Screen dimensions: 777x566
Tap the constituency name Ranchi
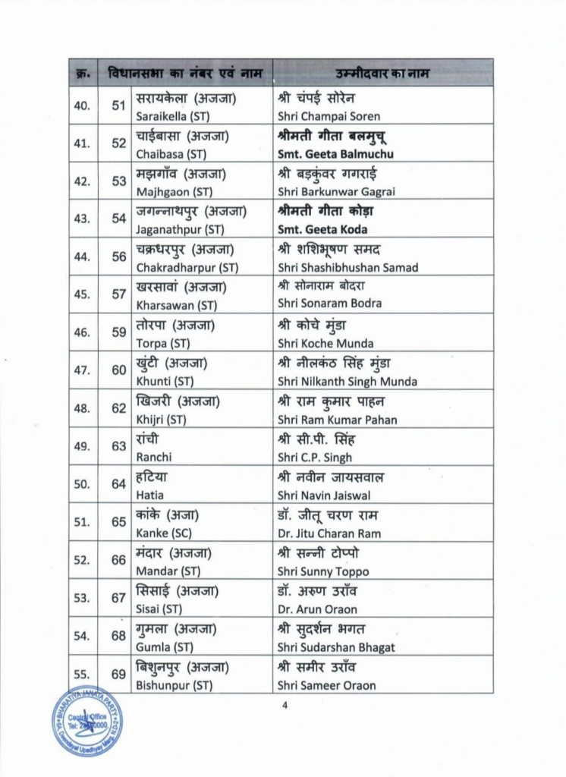pyautogui.click(x=155, y=458)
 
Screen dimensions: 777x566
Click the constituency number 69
pyautogui.click(x=118, y=674)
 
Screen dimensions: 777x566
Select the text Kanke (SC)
pyautogui.click(x=162, y=533)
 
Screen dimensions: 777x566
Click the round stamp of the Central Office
pyautogui.click(x=86, y=720)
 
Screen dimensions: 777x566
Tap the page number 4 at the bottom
pyautogui.click(x=285, y=706)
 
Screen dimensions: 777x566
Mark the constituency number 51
pyautogui.click(x=118, y=105)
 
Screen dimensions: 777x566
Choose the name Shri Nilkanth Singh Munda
pyautogui.click(x=347, y=382)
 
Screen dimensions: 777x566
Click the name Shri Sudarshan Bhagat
pyautogui.click(x=336, y=647)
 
